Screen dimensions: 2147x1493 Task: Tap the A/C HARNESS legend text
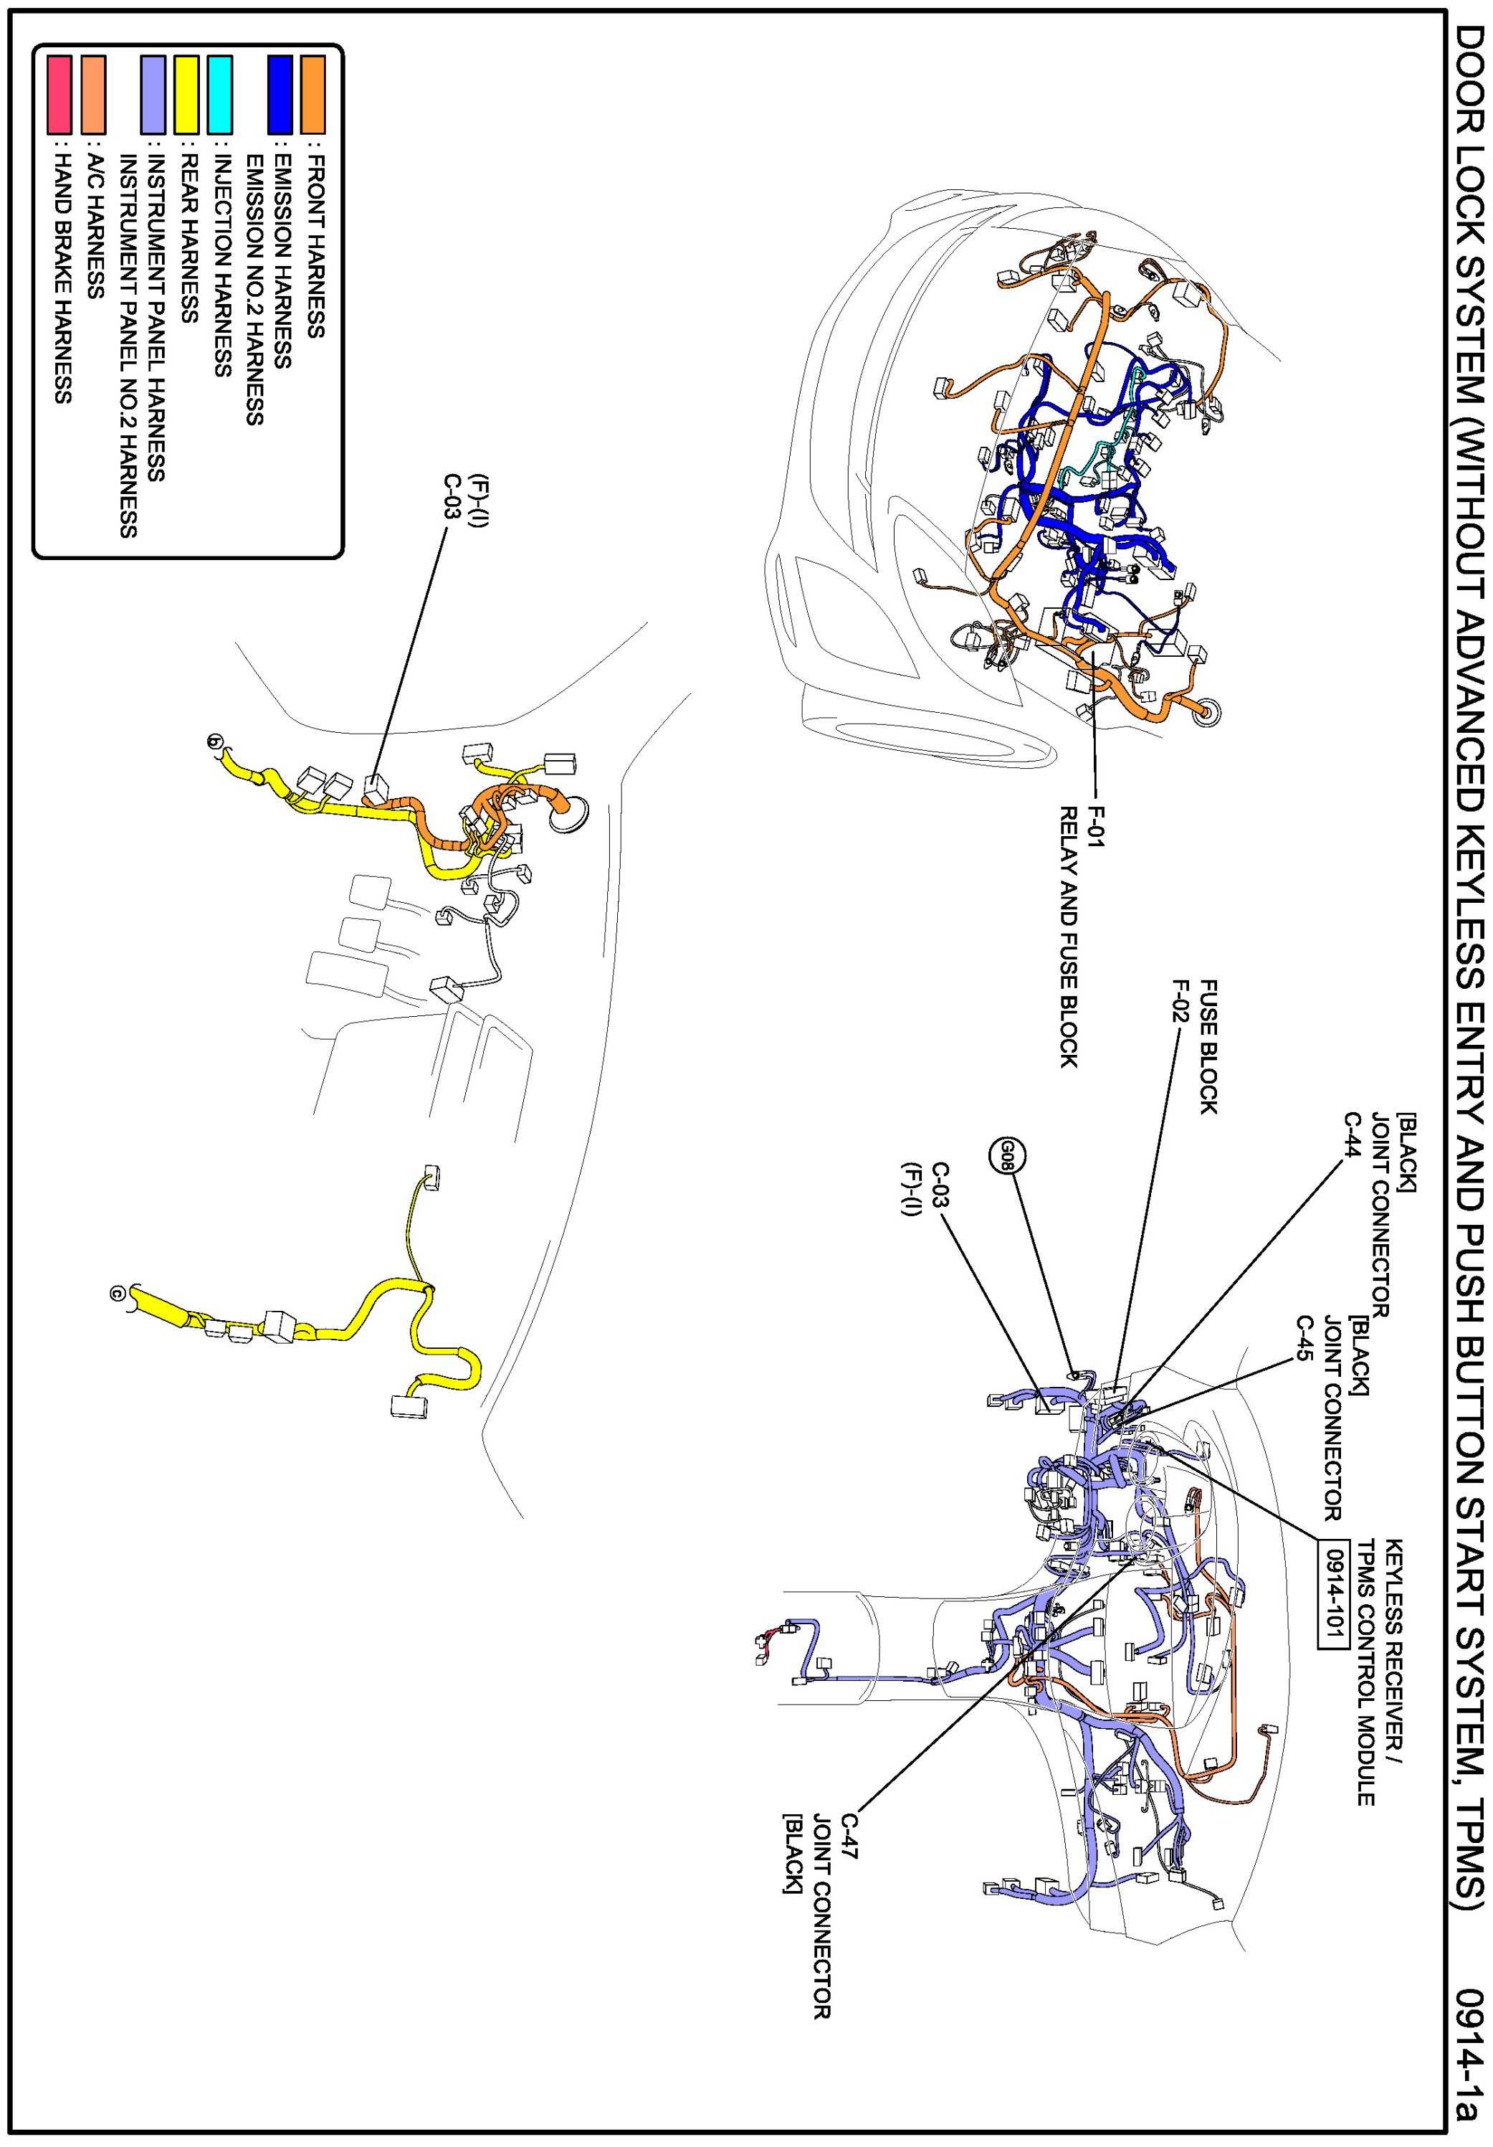(x=93, y=227)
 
